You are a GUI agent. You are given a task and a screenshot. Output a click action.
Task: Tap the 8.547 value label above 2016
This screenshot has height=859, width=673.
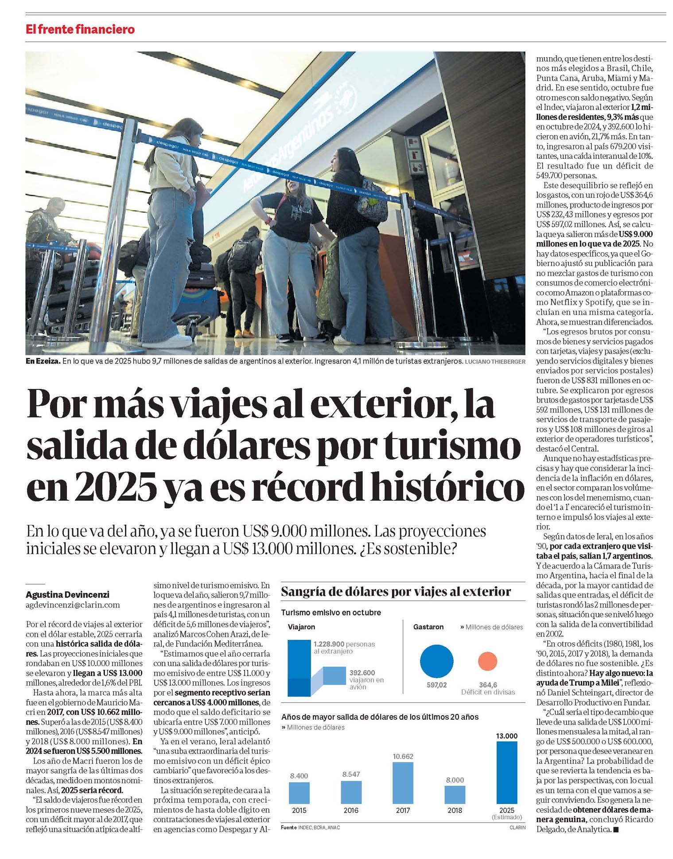point(351,774)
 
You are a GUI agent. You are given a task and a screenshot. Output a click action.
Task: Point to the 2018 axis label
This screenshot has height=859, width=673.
point(455,810)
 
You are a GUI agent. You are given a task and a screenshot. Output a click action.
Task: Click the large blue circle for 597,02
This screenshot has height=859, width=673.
point(436,661)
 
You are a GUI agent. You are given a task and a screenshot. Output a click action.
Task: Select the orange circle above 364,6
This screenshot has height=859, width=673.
point(488,661)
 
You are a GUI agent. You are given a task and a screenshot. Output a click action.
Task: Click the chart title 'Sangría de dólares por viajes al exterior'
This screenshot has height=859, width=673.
point(396,592)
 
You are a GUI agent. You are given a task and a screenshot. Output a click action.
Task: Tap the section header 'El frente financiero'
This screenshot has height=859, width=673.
point(80,30)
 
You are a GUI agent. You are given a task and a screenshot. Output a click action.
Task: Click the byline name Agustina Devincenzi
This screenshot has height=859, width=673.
point(67,595)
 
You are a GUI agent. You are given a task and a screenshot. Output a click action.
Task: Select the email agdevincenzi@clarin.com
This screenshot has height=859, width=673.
point(73,605)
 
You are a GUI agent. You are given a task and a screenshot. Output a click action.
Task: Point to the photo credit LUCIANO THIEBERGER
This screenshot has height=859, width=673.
point(495,361)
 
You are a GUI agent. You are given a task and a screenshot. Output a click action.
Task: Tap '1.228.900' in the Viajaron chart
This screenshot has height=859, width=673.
point(329,644)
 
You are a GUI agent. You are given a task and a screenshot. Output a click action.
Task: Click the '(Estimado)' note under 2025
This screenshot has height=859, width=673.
point(506,817)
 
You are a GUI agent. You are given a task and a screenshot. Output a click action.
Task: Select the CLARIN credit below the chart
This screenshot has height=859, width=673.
point(517,828)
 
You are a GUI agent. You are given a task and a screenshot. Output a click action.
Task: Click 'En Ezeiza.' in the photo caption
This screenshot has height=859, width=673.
point(43,361)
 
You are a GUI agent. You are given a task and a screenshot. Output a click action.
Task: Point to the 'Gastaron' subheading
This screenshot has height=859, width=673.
point(428,627)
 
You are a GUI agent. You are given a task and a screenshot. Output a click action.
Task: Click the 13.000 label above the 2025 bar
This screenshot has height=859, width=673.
point(506,736)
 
